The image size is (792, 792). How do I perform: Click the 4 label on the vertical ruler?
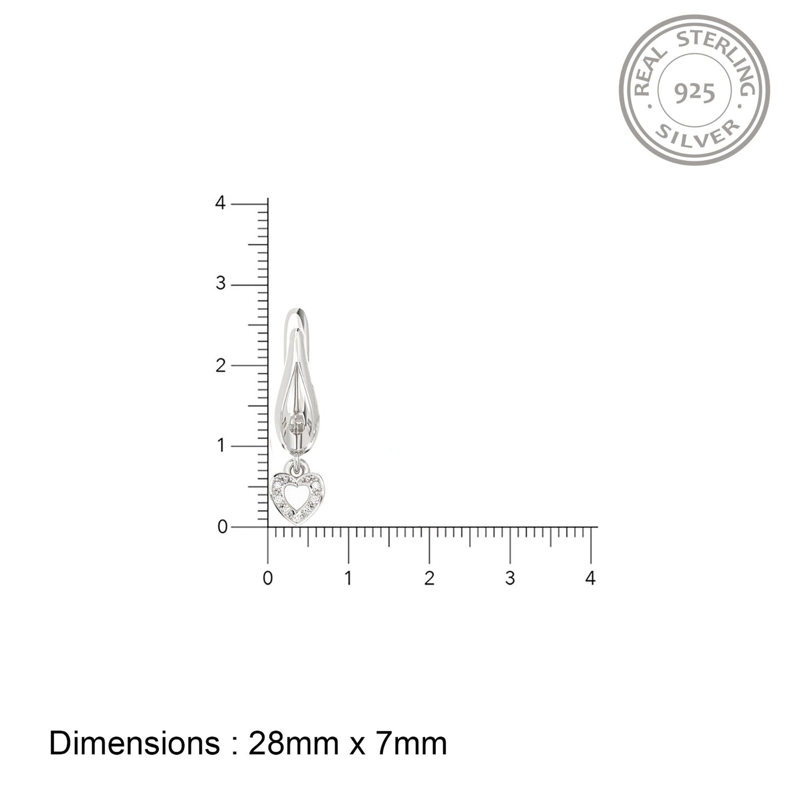220,202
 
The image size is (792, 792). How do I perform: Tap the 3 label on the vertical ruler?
221,283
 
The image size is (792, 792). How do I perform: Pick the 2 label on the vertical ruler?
221,365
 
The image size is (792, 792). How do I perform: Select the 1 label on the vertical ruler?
221,446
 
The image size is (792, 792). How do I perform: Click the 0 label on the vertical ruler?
222,527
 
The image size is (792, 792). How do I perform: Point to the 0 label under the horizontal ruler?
267,578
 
